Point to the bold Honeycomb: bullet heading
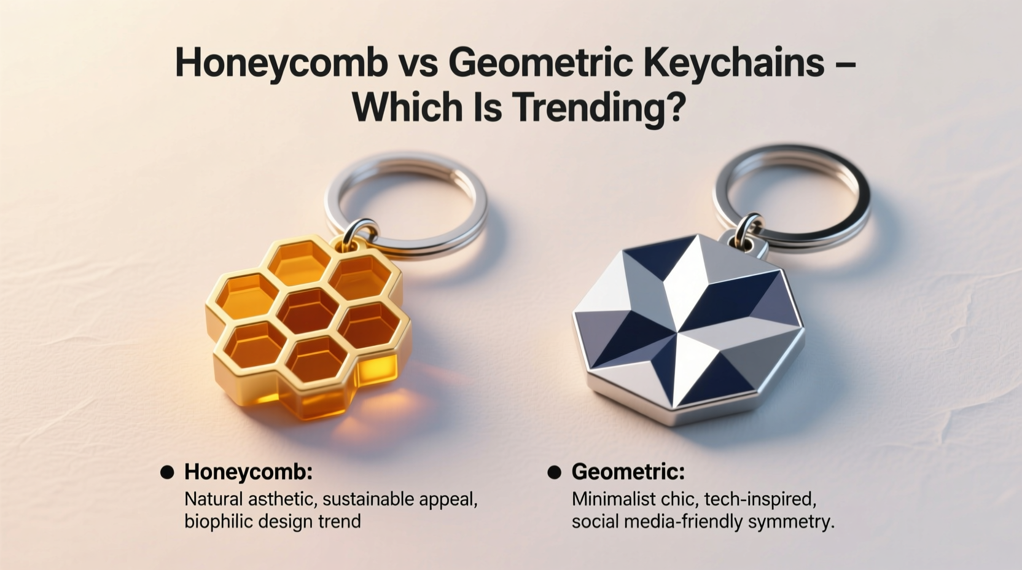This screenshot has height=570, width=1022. tap(248, 472)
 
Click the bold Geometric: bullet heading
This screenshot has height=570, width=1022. tap(628, 472)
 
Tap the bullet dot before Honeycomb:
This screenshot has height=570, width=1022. tap(166, 472)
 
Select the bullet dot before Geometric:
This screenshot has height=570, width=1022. tap(554, 472)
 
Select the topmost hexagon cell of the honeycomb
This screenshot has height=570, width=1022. tap(299, 262)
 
